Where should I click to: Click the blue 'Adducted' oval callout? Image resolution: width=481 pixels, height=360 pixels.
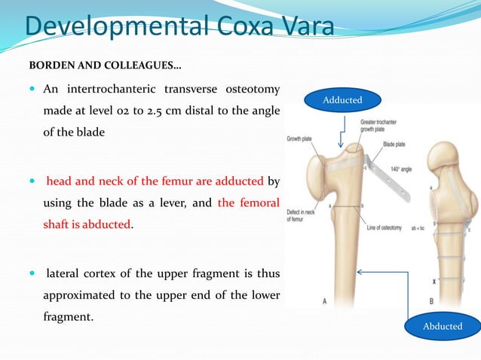(342, 99)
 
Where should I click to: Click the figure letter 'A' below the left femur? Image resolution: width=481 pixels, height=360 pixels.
(326, 301)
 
